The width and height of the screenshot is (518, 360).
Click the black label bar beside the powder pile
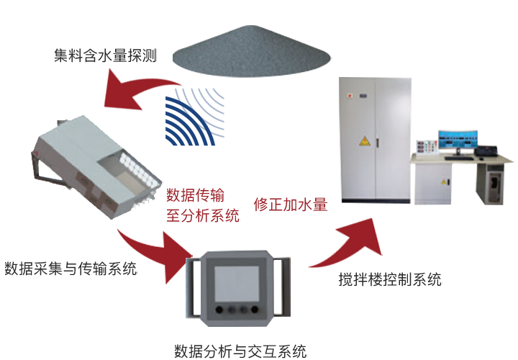106,55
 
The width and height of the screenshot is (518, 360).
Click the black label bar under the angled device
71,269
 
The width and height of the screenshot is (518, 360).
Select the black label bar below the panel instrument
240,351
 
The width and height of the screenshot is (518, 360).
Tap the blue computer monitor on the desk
457,139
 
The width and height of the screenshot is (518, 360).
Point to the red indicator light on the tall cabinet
351,94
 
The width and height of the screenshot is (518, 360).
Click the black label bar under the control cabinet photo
391,279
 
